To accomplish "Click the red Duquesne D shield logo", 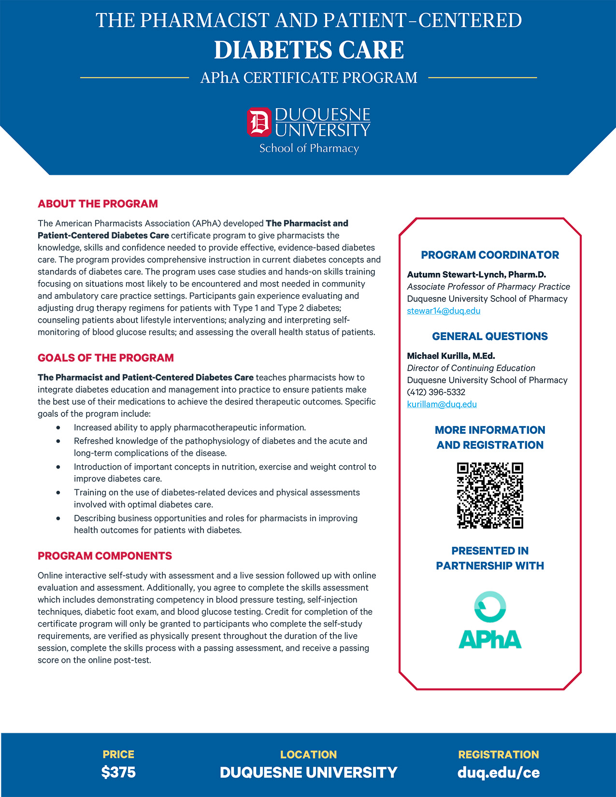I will (x=259, y=122).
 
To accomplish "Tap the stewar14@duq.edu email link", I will (x=444, y=311).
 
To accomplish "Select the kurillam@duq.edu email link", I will (x=442, y=404).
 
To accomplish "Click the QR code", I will (x=490, y=495).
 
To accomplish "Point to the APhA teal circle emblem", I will (x=490, y=607).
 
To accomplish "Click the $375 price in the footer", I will (x=118, y=772).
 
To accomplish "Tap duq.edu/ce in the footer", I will (x=499, y=772).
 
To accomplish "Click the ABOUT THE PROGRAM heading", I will (x=98, y=204).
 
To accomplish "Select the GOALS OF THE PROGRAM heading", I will (x=106, y=358).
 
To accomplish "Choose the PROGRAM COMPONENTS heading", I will (x=105, y=556).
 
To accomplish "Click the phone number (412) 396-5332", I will (x=436, y=392).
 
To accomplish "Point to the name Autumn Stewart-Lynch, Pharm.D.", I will (x=476, y=274).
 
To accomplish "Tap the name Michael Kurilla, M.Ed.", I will (x=451, y=356).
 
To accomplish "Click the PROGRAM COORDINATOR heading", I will (x=490, y=255).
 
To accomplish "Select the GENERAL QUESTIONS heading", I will (x=490, y=336).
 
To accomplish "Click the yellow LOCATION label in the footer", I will (x=308, y=754).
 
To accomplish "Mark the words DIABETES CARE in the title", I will (x=309, y=50).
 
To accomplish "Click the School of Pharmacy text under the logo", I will (x=309, y=148).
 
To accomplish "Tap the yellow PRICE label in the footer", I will (x=118, y=754).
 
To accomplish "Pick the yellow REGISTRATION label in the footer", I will (x=499, y=754).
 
